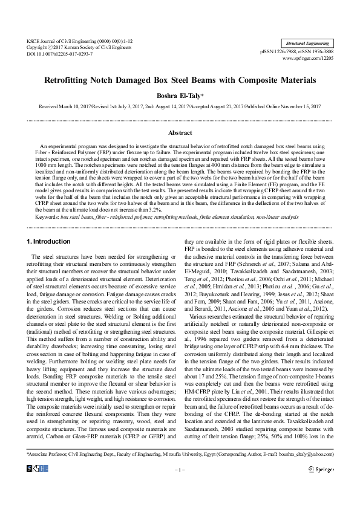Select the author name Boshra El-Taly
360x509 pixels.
pyautogui.click(x=180, y=96)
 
